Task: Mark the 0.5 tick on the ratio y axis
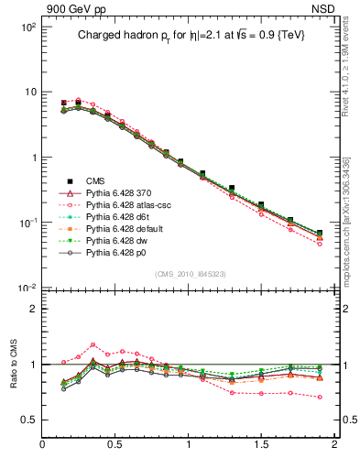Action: pyautogui.click(x=29, y=420)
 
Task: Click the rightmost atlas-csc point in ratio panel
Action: pyautogui.click(x=320, y=398)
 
